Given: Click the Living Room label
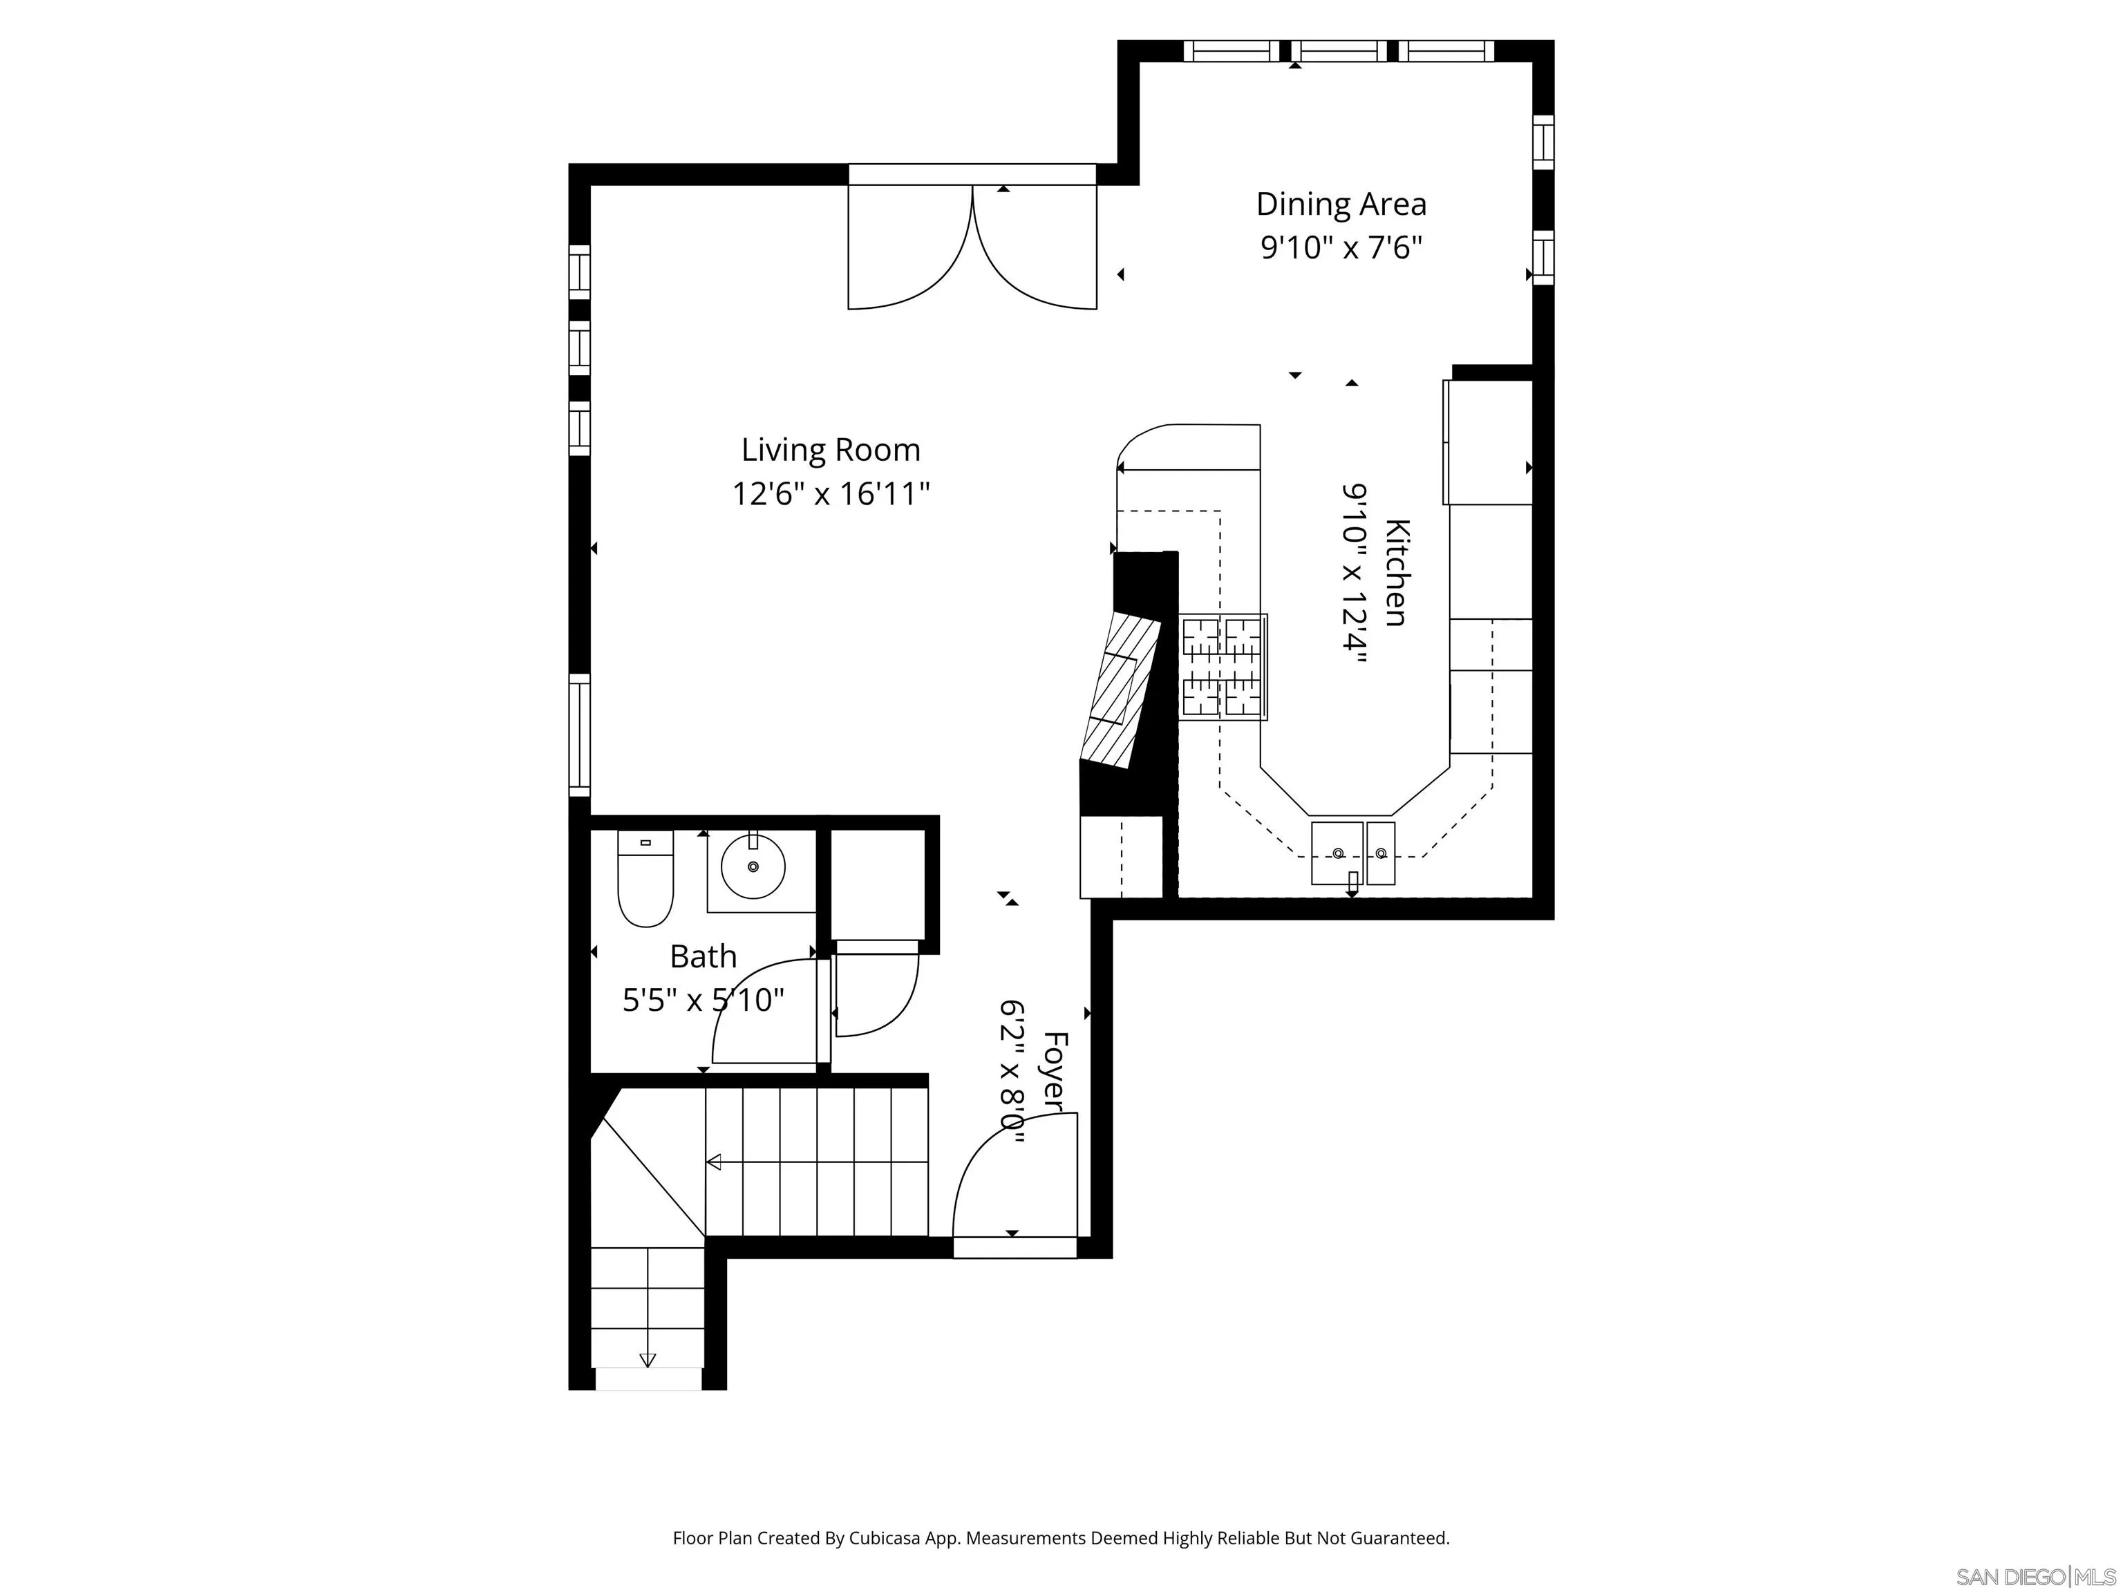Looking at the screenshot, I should pos(830,450).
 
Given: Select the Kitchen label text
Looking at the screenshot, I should pos(1397,572).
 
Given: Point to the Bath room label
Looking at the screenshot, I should pos(703,957).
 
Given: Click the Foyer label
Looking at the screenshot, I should pos(1055,1072).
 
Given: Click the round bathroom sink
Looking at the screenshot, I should pos(753,866).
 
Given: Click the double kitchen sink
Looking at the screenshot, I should pos(1352,852).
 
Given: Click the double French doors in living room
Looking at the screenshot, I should pos(972,247).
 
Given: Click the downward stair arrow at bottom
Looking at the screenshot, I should pos(647,1359).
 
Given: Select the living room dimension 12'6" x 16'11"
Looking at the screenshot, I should pos(830,494).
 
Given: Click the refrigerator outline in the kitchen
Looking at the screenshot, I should pos(1489,442).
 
